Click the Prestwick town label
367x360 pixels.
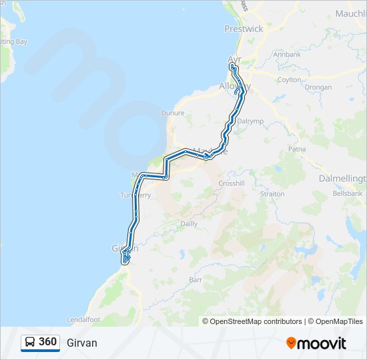(244, 29)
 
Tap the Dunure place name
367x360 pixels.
(172, 113)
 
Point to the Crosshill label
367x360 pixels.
(232, 183)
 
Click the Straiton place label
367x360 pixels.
(272, 194)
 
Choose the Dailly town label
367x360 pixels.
(189, 224)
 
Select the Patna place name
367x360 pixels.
(296, 149)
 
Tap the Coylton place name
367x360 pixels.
(290, 79)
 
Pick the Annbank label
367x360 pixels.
(287, 54)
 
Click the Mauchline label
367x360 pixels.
(350, 13)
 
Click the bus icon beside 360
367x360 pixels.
(30, 342)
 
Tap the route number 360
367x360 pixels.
(47, 342)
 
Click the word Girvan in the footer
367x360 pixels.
(82, 343)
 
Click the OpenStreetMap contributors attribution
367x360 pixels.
(256, 321)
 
